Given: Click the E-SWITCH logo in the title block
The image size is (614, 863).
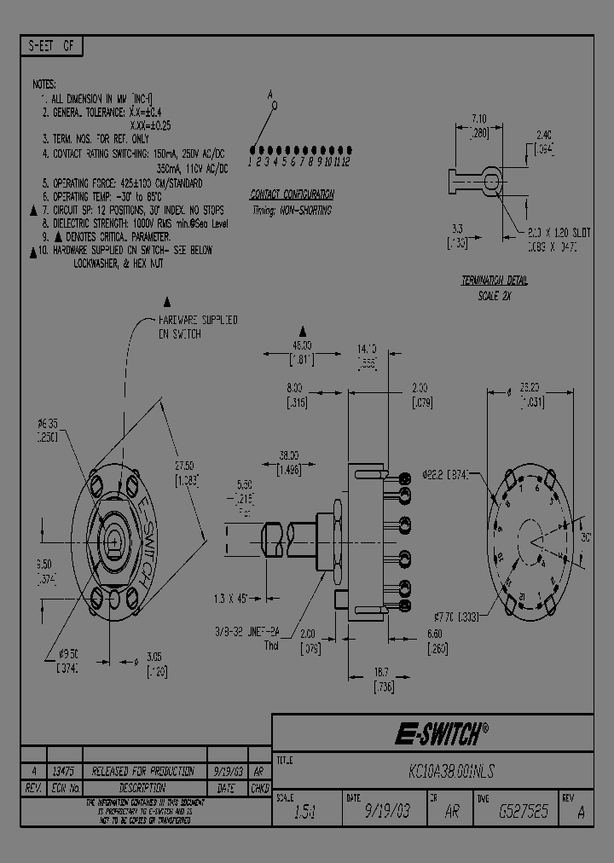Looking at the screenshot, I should pos(441,733).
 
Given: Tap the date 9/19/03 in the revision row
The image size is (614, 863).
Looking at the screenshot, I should pos(227,770).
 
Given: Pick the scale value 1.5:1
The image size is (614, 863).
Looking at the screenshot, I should pos(304,813).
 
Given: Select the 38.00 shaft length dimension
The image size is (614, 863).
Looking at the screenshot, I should pos(289,455).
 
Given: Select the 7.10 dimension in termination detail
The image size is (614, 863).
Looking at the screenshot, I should pos(479,119).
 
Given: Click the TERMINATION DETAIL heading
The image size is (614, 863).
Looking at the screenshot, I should pos(495,280).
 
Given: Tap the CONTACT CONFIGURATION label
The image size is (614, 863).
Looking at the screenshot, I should pos(292,194).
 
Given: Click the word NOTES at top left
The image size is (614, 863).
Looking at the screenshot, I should pos(44,84).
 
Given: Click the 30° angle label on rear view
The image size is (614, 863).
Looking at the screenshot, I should pos(585,538).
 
